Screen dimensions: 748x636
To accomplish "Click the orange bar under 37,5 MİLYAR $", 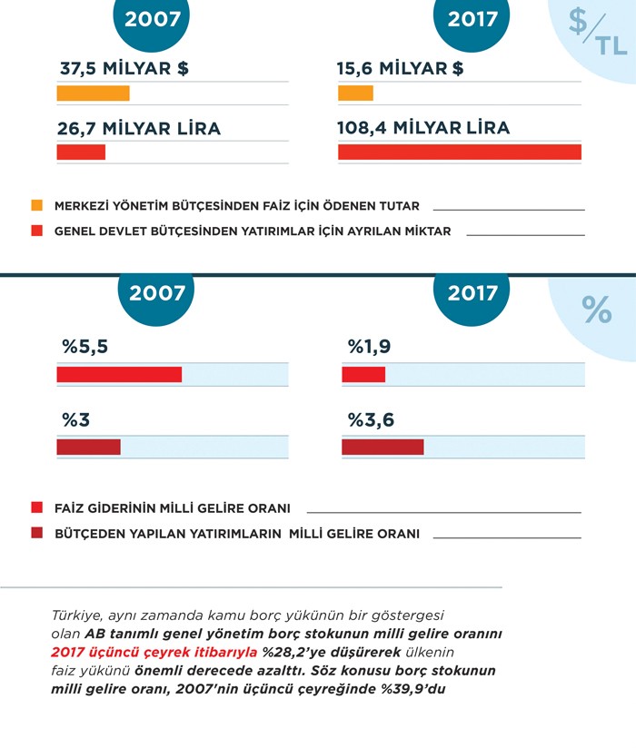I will (x=93, y=93).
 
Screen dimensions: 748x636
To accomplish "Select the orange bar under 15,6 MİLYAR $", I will (x=355, y=93).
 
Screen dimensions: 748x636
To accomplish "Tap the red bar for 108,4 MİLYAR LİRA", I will (x=459, y=152).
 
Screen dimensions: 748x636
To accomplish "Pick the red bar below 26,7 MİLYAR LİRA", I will (x=81, y=152).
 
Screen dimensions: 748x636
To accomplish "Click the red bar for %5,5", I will (x=119, y=374).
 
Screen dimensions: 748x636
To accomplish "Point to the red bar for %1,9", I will (x=363, y=374).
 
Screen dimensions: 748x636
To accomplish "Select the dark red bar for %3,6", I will (x=383, y=447).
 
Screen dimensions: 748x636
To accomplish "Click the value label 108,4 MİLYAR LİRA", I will (x=423, y=128).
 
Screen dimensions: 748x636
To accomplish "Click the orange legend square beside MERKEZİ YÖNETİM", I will (x=36, y=205).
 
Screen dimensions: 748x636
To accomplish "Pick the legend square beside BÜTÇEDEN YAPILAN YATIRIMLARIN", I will (x=36, y=534).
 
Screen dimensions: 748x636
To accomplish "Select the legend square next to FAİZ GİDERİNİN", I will (x=36, y=507).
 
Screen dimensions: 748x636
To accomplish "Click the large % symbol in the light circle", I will (x=597, y=310).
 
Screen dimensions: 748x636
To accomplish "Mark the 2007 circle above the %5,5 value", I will (x=157, y=292).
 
